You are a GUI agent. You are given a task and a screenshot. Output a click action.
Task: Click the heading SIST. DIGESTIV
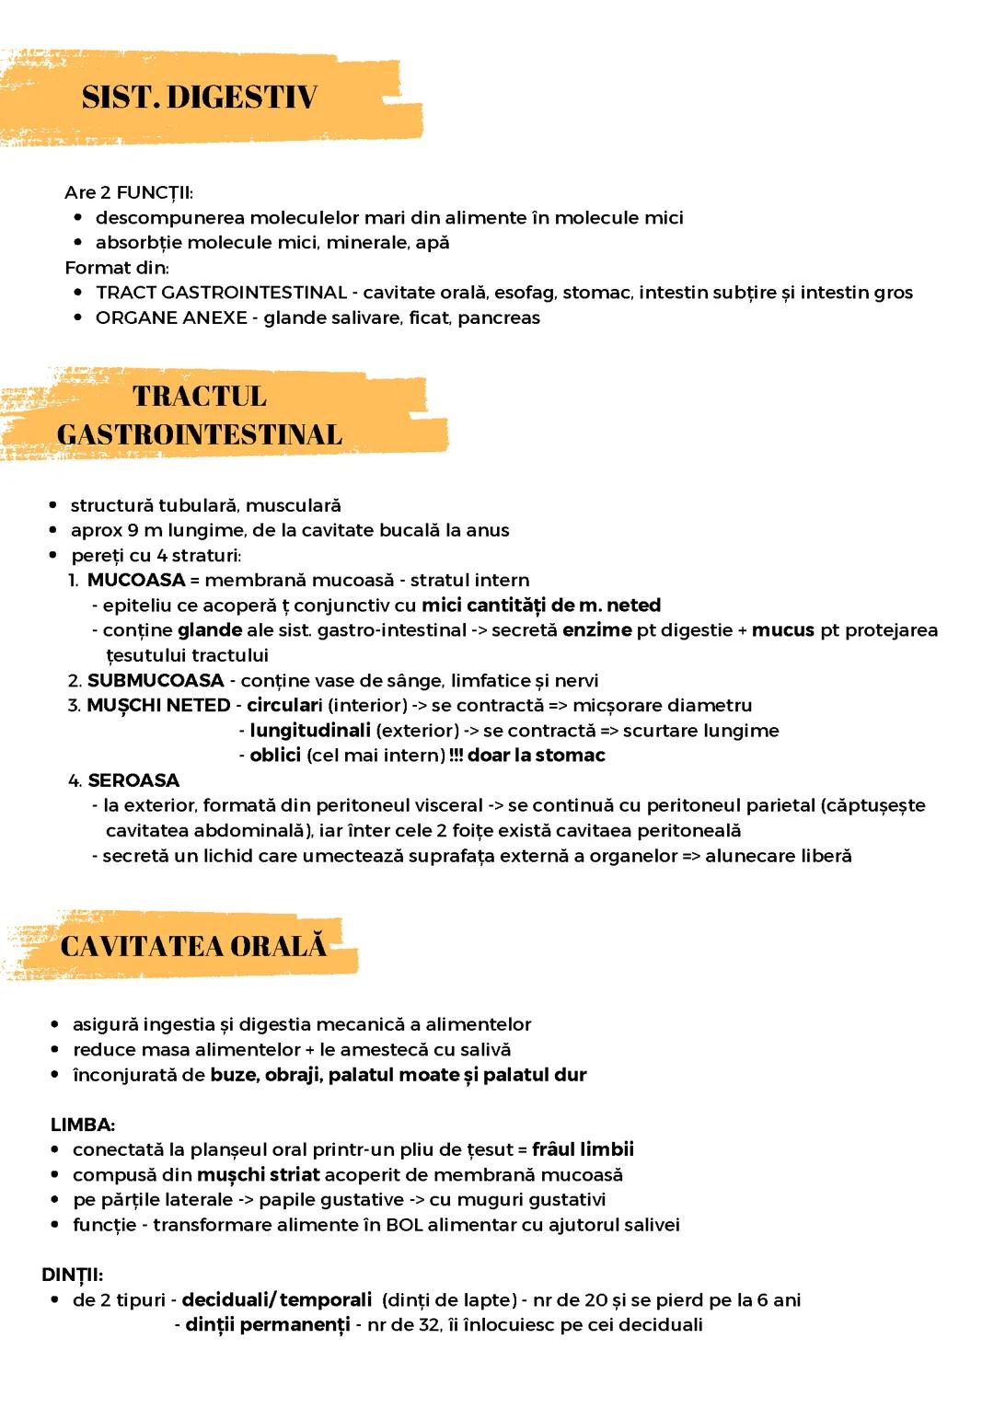coord(200,98)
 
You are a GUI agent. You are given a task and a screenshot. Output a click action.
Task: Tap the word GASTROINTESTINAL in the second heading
coord(200,433)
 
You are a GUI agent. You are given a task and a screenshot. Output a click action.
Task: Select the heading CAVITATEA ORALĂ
coord(194,947)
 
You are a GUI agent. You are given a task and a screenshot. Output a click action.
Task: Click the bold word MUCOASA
coord(136,581)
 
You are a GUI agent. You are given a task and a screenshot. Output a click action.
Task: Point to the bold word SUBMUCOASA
coord(156,681)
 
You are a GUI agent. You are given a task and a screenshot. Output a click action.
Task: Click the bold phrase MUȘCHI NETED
coord(158,706)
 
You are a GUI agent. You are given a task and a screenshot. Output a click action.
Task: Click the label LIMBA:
coord(83,1125)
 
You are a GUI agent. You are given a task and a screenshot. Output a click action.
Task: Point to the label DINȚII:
coord(72,1275)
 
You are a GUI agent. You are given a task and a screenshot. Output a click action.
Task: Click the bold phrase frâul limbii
coord(583,1149)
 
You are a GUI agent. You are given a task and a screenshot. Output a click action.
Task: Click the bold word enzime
coord(597,630)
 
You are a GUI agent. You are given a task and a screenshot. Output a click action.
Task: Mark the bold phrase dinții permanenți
coord(268,1325)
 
